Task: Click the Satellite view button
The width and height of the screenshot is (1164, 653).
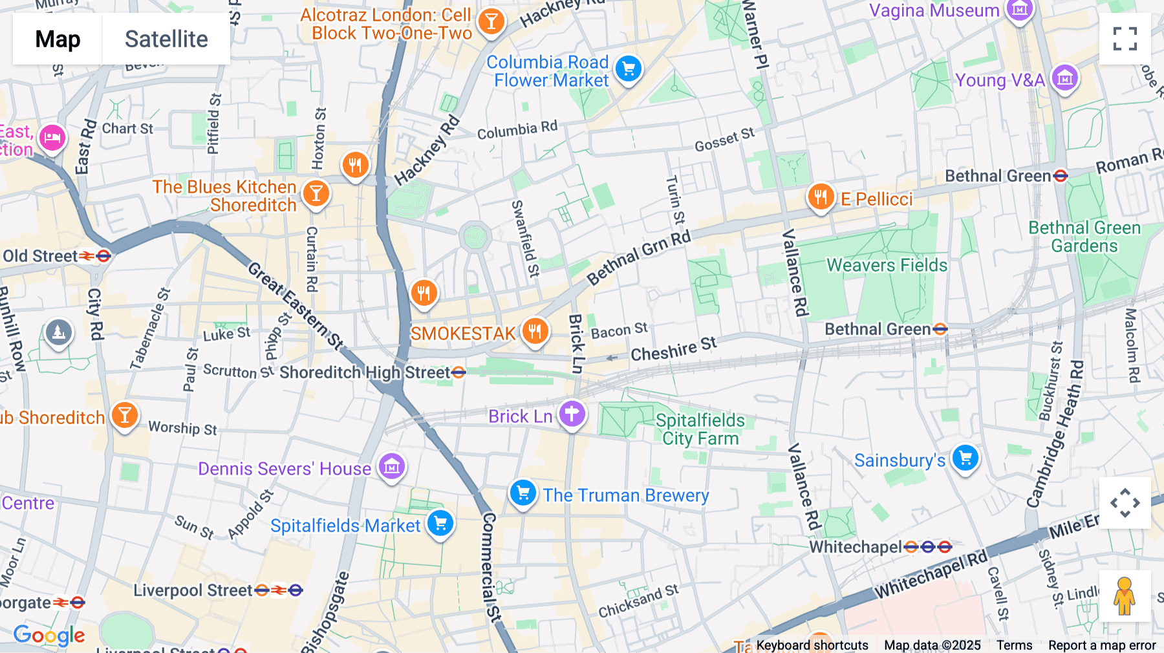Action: (x=166, y=39)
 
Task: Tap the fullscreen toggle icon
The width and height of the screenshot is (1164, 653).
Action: (x=1125, y=39)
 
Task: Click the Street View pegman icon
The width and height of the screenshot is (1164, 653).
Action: (x=1125, y=596)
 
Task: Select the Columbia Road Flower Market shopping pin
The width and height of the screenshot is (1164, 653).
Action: (x=628, y=69)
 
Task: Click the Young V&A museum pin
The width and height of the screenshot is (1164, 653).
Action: (x=1064, y=78)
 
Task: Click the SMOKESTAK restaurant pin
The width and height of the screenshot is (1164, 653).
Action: (x=534, y=332)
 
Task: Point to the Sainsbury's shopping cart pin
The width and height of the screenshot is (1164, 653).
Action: (x=965, y=458)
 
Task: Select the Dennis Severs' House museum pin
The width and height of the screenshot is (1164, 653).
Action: (x=391, y=466)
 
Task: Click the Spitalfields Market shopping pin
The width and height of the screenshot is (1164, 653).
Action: (x=440, y=523)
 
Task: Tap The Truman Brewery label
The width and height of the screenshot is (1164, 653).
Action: (x=625, y=495)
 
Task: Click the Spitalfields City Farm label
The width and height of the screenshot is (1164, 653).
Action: (x=700, y=429)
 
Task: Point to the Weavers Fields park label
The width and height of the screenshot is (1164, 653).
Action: (x=887, y=265)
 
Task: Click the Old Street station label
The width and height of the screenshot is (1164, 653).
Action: (x=40, y=256)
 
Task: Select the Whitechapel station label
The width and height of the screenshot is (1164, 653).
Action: (x=855, y=547)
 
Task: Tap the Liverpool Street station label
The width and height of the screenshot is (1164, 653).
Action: (x=193, y=590)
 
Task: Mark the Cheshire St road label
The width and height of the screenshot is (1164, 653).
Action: (x=673, y=349)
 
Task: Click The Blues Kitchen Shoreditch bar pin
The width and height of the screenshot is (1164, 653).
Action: (x=316, y=193)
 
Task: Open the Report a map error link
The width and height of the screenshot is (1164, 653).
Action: (x=1101, y=645)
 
